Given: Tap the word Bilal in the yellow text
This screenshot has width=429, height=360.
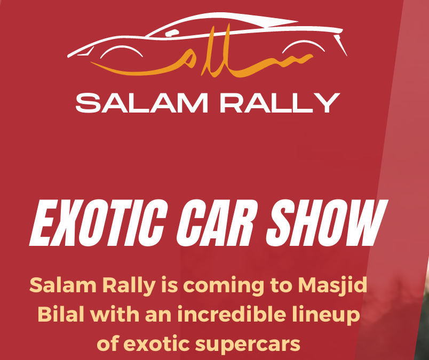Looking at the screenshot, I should [60, 315].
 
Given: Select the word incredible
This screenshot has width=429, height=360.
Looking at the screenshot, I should [233, 315].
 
